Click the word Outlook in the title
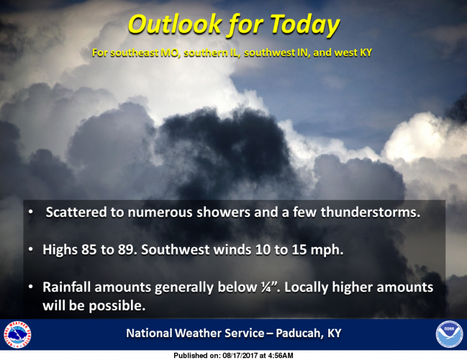point(175,24)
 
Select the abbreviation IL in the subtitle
point(235,53)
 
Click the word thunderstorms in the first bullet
point(370,212)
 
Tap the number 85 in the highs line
point(89,250)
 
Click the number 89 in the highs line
point(125,250)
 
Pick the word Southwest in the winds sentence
point(175,250)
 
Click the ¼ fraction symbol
point(265,287)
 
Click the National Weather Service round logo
point(17,334)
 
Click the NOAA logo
point(450,334)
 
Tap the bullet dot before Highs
point(31,250)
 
